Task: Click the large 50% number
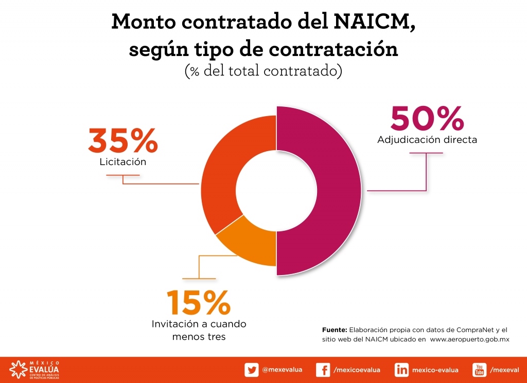tap(427, 119)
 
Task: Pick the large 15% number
tap(198, 303)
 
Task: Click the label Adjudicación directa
tap(427, 140)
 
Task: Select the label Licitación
tap(123, 162)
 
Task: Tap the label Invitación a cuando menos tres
tap(199, 330)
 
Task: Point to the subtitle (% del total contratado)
tap(263, 71)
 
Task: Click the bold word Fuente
tap(335, 330)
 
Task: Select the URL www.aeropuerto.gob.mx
tap(469, 339)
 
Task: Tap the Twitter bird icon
tap(252, 370)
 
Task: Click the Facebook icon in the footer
tap(323, 370)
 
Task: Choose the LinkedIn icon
tap(401, 370)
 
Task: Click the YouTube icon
tap(479, 370)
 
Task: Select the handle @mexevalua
tap(282, 370)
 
